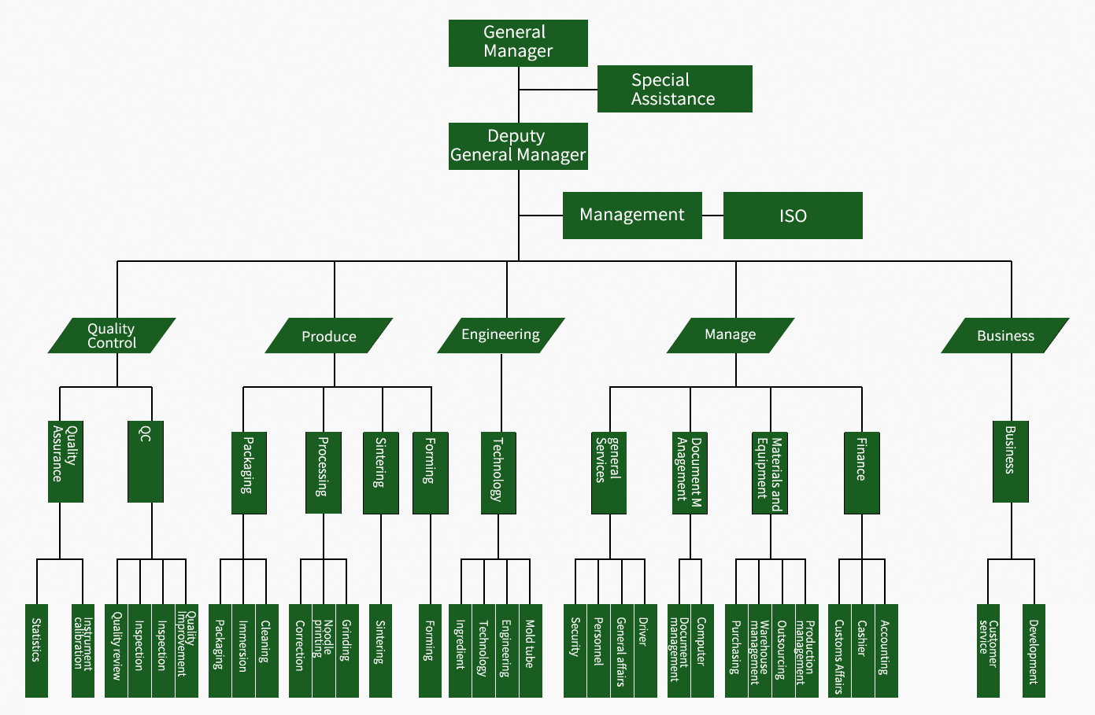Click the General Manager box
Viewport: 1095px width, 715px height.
pyautogui.click(x=518, y=43)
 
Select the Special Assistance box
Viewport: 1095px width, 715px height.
pyautogui.click(x=675, y=89)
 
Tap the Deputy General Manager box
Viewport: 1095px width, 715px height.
pyautogui.click(x=518, y=146)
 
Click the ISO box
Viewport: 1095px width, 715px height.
pyautogui.click(x=793, y=216)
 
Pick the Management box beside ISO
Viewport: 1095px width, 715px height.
pyautogui.click(x=632, y=216)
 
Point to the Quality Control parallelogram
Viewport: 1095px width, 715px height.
pyautogui.click(x=112, y=336)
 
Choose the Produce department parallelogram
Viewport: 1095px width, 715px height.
pyautogui.click(x=329, y=336)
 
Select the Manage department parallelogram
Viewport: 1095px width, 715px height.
pyautogui.click(x=731, y=336)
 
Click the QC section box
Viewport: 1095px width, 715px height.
pyautogui.click(x=146, y=462)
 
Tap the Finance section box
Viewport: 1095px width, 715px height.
pyautogui.click(x=862, y=473)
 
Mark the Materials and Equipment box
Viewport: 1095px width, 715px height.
pyautogui.click(x=769, y=473)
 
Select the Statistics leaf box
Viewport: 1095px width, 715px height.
pyautogui.click(x=37, y=651)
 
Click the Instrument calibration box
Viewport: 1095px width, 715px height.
pyautogui.click(x=83, y=651)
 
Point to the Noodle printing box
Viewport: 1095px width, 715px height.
pyautogui.click(x=324, y=651)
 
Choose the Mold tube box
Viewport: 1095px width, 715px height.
pyautogui.click(x=531, y=651)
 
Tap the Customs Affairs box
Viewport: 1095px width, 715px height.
pyautogui.click(x=840, y=651)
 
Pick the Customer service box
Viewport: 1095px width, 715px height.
pyautogui.click(x=989, y=651)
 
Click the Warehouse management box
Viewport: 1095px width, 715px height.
pyautogui.click(x=760, y=651)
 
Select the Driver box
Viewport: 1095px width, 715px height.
pyautogui.click(x=646, y=651)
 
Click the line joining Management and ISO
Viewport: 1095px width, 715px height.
pyautogui.click(x=712, y=216)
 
